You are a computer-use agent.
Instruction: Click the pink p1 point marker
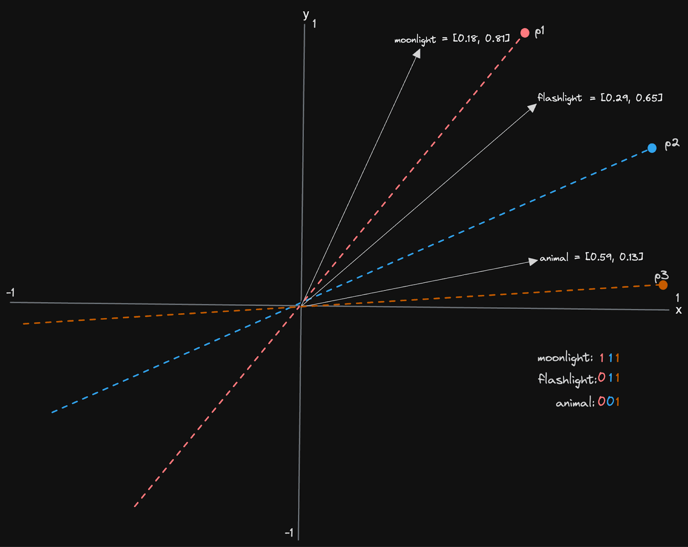525,33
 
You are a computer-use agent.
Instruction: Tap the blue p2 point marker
652,148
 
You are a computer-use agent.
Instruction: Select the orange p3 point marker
663,285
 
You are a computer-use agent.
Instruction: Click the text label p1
540,32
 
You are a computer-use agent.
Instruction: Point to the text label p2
672,144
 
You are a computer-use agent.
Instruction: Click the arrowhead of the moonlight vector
417,52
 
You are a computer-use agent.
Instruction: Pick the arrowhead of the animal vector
533,261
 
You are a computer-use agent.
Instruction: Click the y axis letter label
306,15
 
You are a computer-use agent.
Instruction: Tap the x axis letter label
679,310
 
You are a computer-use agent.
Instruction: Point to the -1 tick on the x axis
11,293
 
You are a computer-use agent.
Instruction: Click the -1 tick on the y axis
289,533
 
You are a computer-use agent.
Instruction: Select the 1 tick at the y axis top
314,24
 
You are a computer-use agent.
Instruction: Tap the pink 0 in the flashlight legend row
602,378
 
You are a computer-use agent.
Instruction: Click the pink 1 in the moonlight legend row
602,358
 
